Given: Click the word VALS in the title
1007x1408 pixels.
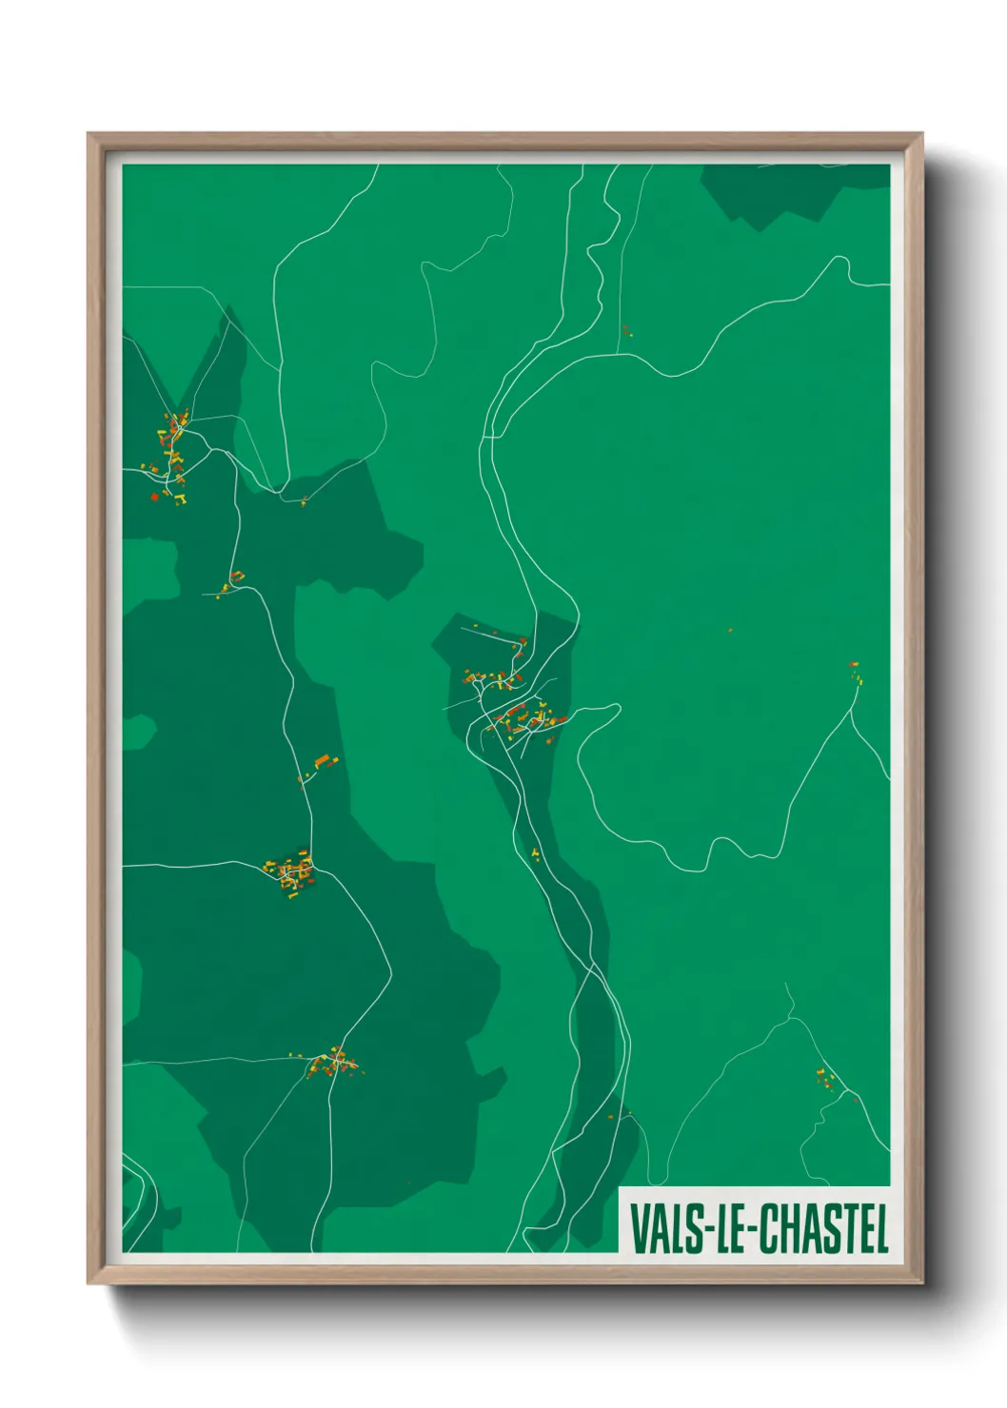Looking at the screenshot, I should point(662,1229).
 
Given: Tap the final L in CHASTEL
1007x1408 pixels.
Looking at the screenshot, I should point(881,1229).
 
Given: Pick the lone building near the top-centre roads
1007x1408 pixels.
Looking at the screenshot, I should point(626,331).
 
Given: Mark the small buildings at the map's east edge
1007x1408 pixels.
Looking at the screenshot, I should point(854,671).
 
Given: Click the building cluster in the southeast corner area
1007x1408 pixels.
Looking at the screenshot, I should point(826,1079).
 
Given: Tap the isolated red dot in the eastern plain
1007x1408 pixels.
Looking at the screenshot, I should point(730,630).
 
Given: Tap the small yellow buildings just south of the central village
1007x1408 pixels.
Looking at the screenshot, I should point(535,853).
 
